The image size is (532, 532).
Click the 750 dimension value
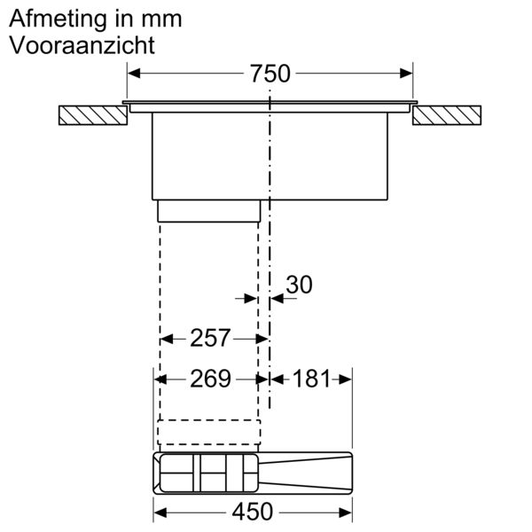[270, 74]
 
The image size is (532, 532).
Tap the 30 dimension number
[299, 285]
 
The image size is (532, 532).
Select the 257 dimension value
[210, 338]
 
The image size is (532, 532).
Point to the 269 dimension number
[210, 379]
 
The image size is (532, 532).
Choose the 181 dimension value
[311, 379]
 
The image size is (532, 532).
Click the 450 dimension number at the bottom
[253, 512]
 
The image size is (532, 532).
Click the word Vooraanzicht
[82, 45]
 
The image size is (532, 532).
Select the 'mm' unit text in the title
[161, 20]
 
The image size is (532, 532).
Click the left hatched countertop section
[93, 115]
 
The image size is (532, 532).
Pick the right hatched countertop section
[447, 115]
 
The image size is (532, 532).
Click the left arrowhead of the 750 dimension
[134, 74]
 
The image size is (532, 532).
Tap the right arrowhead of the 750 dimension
[406, 74]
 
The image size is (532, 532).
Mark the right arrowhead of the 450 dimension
[346, 512]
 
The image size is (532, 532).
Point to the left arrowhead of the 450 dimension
[160, 512]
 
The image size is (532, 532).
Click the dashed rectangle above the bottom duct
[209, 432]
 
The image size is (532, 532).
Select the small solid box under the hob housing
[209, 211]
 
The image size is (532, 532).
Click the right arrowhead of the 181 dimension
[346, 379]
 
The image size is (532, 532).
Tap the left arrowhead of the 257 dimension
[167, 339]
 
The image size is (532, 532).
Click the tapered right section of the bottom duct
[305, 473]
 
